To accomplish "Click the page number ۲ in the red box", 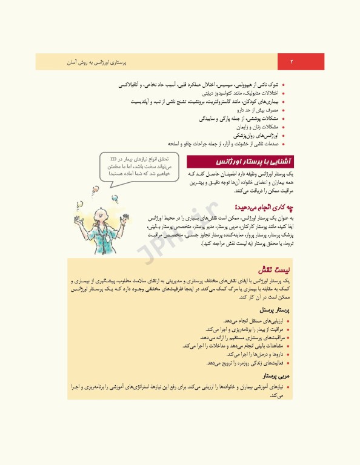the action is [x=292, y=62].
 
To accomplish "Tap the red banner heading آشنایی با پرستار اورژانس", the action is [x=243, y=163].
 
